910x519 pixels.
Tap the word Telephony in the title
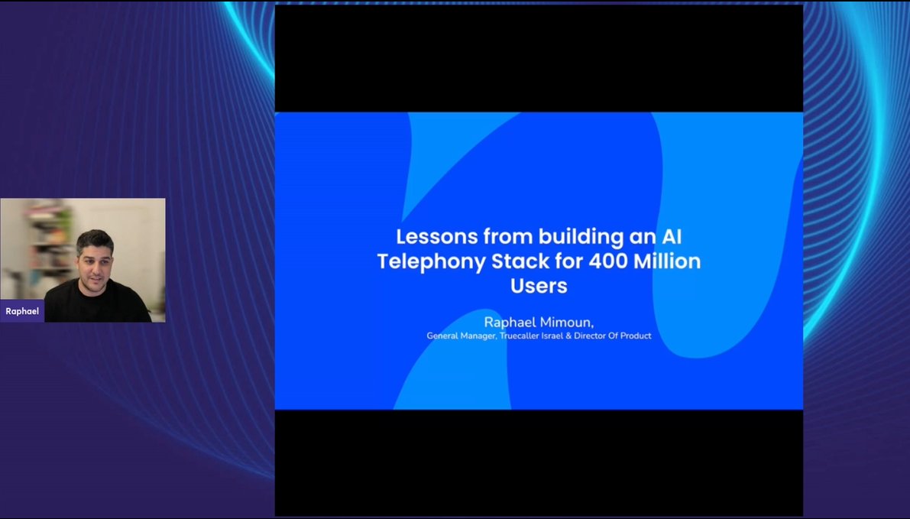pyautogui.click(x=420, y=261)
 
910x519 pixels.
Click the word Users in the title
pyautogui.click(x=539, y=287)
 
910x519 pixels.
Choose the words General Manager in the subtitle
pyautogui.click(x=461, y=336)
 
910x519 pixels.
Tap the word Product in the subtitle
pyautogui.click(x=636, y=336)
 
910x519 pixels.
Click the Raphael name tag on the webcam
pyautogui.click(x=22, y=311)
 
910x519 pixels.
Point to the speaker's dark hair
pyautogui.click(x=95, y=238)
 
